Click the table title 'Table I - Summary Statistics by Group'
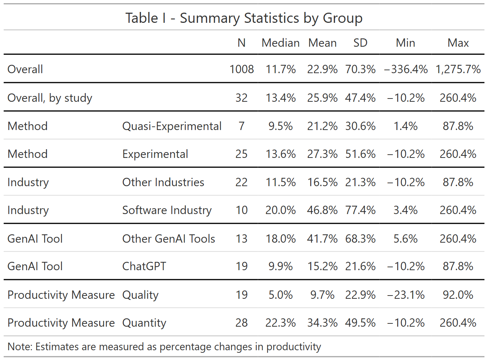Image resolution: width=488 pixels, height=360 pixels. (244, 18)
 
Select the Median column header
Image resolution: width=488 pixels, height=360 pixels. (281, 43)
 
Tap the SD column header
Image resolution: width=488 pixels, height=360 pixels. (360, 43)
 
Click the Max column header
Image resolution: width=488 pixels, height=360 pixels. (458, 43)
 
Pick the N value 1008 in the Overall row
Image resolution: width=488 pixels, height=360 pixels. (241, 69)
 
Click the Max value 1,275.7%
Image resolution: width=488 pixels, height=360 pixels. (458, 69)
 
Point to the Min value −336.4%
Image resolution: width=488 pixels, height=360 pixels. (406, 69)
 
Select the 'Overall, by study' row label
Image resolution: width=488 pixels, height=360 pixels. (50, 98)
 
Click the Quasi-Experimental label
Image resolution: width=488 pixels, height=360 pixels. (172, 126)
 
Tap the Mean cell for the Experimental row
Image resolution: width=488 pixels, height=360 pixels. (322, 154)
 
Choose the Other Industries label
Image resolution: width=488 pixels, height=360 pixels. (163, 182)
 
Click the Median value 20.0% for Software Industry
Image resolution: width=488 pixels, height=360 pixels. (281, 210)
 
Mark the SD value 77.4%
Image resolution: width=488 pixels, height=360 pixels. (360, 210)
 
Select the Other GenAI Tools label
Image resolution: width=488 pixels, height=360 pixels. (169, 239)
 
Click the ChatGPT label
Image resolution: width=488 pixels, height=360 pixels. (144, 266)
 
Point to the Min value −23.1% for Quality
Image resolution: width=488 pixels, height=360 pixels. (406, 295)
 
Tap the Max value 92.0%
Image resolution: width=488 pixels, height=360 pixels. (458, 295)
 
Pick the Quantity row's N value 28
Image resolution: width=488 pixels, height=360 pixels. (241, 323)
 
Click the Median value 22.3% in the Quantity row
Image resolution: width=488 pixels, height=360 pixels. (281, 323)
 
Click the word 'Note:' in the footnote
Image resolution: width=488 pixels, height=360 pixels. (20, 347)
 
